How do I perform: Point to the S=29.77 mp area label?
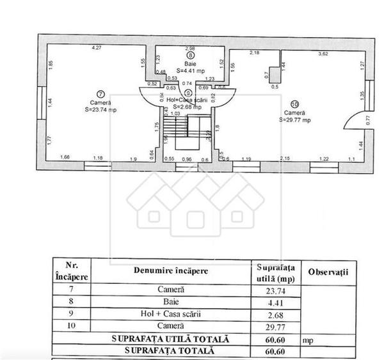(x=294, y=120)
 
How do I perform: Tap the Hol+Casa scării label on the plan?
(x=189, y=100)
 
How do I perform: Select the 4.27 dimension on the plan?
(x=97, y=48)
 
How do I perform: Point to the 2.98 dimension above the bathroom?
(x=190, y=48)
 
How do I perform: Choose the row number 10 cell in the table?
(x=71, y=325)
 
